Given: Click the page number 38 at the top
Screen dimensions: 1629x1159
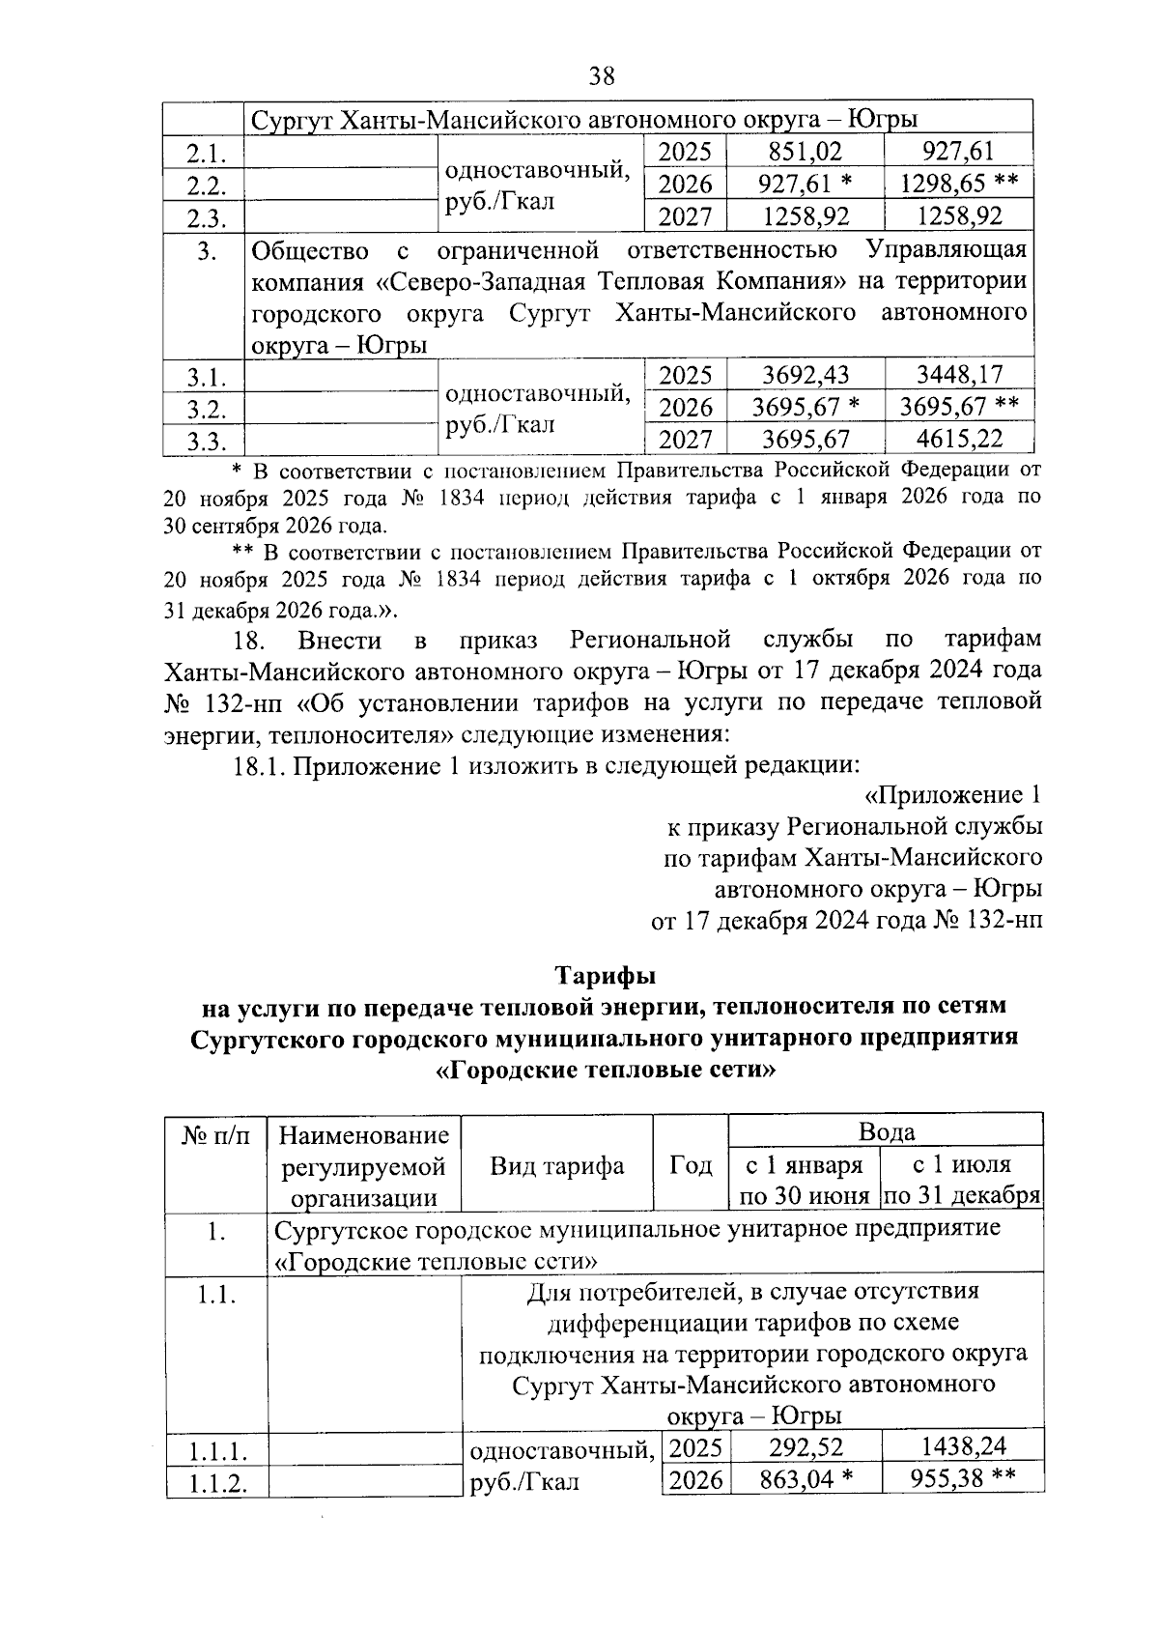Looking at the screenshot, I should pyautogui.click(x=601, y=75).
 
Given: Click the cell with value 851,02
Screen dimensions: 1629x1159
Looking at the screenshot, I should pyautogui.click(x=805, y=152).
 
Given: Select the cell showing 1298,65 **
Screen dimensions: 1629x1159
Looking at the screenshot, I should pyautogui.click(x=959, y=183).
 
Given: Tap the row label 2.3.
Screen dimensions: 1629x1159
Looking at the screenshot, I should pyautogui.click(x=206, y=216).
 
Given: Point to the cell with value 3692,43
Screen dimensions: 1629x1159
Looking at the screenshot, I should pyautogui.click(x=805, y=375).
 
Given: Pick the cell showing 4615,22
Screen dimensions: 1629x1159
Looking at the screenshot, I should pyautogui.click(x=959, y=439).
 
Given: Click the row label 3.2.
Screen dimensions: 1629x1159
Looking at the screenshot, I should pyautogui.click(x=206, y=408).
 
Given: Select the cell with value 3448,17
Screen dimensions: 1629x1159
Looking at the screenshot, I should pyautogui.click(x=959, y=375).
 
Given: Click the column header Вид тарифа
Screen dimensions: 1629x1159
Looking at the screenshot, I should pyautogui.click(x=557, y=1165).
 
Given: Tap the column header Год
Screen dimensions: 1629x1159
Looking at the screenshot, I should pyautogui.click(x=691, y=1165).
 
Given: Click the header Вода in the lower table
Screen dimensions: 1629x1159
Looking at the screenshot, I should pyautogui.click(x=886, y=1131).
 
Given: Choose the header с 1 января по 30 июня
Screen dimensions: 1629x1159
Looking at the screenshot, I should pyautogui.click(x=805, y=1180).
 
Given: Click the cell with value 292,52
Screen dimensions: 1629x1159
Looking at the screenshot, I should pyautogui.click(x=805, y=1446).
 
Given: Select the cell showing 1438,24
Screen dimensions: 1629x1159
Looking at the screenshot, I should pyautogui.click(x=963, y=1446).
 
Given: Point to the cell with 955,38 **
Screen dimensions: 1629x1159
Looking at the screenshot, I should pyautogui.click(x=963, y=1477).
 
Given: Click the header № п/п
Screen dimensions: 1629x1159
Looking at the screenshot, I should pyautogui.click(x=215, y=1135).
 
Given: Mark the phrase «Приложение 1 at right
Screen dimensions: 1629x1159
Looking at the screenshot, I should pyautogui.click(x=951, y=795).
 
